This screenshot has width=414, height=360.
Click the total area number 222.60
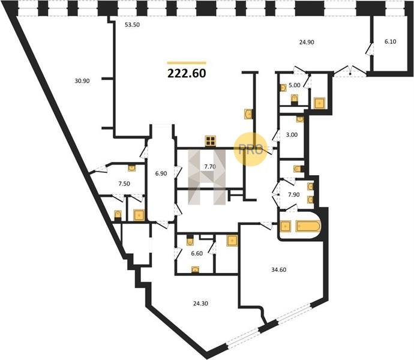(187, 73)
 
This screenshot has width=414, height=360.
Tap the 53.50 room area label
(132, 25)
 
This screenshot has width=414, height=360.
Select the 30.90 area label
(82, 81)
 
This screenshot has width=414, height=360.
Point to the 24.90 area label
(307, 42)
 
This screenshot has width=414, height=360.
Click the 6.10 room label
(390, 41)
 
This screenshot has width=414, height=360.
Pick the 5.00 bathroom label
(295, 85)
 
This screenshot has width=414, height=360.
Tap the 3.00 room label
(292, 135)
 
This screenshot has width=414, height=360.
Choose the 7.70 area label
(210, 167)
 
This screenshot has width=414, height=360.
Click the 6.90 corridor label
(161, 173)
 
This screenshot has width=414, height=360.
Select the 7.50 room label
(124, 184)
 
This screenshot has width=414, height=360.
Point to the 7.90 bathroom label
(293, 194)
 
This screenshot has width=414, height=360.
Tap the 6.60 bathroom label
(197, 254)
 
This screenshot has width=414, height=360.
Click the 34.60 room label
(279, 269)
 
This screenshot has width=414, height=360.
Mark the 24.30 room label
(200, 304)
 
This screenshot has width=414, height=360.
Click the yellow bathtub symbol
(308, 226)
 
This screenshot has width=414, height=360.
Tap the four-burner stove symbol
(211, 141)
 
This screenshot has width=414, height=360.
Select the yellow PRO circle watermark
(251, 149)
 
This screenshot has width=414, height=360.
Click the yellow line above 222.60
(187, 63)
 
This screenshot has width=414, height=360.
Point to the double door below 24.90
(350, 71)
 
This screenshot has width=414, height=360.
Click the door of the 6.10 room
(369, 49)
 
